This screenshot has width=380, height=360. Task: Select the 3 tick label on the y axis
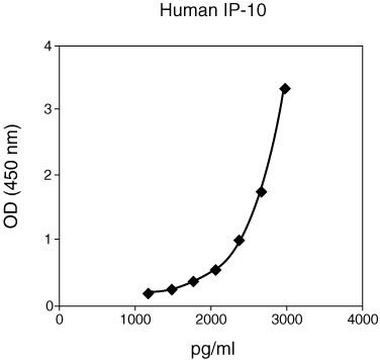click(x=47, y=109)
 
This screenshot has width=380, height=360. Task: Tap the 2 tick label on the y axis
click(x=47, y=175)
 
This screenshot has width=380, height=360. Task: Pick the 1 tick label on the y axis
click(x=47, y=240)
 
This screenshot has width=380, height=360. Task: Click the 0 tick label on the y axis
click(x=47, y=305)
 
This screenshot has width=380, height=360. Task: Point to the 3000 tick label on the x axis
click(x=286, y=320)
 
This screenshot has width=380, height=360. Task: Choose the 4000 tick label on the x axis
click(x=361, y=320)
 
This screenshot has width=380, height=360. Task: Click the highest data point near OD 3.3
click(x=285, y=89)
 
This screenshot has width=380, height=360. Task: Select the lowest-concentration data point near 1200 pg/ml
click(x=149, y=293)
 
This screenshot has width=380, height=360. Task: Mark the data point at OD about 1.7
click(x=262, y=192)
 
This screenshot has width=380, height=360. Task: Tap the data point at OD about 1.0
click(x=239, y=240)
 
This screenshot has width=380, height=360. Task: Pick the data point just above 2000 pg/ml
click(x=216, y=270)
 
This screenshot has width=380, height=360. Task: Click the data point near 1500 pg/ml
click(x=172, y=289)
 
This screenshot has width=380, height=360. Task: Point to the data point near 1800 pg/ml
click(x=193, y=282)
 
